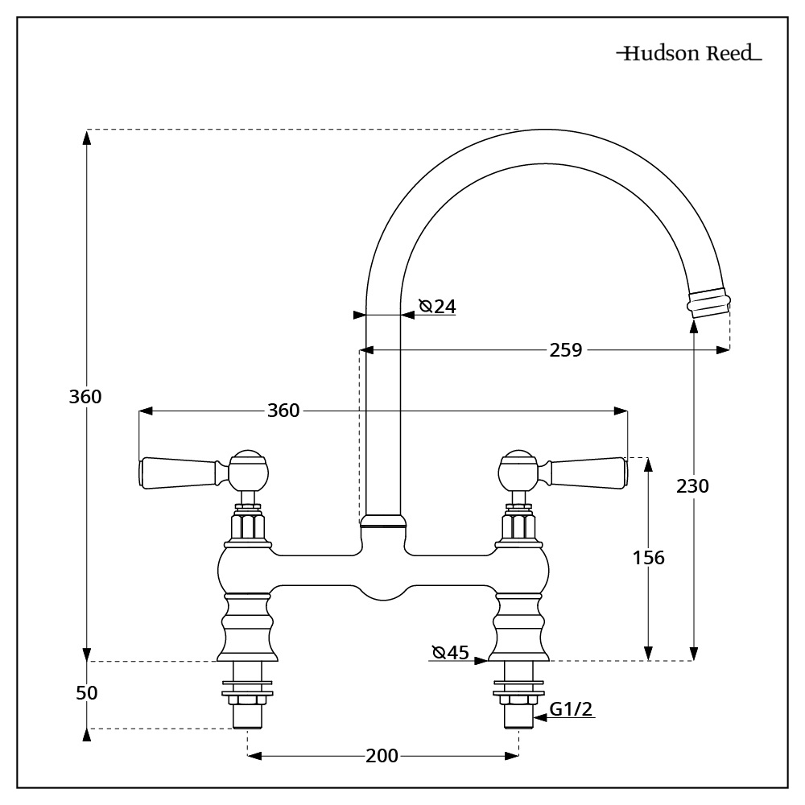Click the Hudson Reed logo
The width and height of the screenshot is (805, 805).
pyautogui.click(x=689, y=56)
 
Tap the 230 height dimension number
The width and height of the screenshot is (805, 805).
pyautogui.click(x=692, y=486)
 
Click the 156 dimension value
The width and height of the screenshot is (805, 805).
pyautogui.click(x=648, y=557)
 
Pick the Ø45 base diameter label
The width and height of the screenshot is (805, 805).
pyautogui.click(x=450, y=652)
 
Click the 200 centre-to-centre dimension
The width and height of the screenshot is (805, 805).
pyautogui.click(x=382, y=756)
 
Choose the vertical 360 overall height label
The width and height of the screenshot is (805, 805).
pyautogui.click(x=85, y=397)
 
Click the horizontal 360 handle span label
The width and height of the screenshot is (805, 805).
pyautogui.click(x=283, y=411)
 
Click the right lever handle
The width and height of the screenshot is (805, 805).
pyautogui.click(x=587, y=473)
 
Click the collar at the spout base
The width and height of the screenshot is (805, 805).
pyautogui.click(x=382, y=522)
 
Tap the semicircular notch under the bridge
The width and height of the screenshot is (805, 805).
pyautogui.click(x=382, y=592)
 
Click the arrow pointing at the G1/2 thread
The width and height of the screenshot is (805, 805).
pyautogui.click(x=539, y=720)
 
